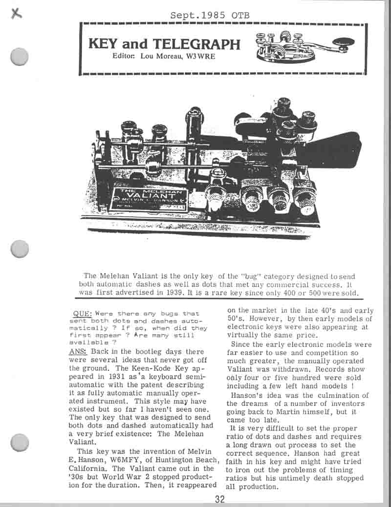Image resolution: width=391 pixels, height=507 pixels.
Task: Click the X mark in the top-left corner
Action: (x=18, y=14)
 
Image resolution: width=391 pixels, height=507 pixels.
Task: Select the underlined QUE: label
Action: (x=82, y=313)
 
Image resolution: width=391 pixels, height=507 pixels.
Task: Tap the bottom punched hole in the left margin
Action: (x=19, y=443)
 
